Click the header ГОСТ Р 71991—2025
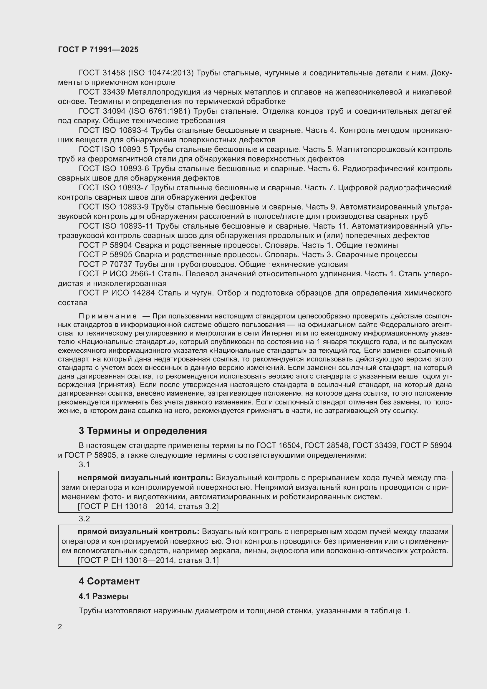pyautogui.click(x=98, y=49)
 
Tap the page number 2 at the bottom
pyautogui.click(x=60, y=627)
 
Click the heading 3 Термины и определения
pyautogui.click(x=143, y=431)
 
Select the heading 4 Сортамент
pyautogui.click(x=109, y=581)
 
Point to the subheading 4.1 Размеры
pyautogui.click(x=103, y=596)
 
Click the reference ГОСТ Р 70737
pyautogui.click(x=105, y=264)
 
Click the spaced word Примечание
pyautogui.click(x=108, y=316)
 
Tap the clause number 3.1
pyautogui.click(x=84, y=465)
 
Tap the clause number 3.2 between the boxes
pyautogui.click(x=84, y=518)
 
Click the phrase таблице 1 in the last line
pyautogui.click(x=390, y=611)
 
